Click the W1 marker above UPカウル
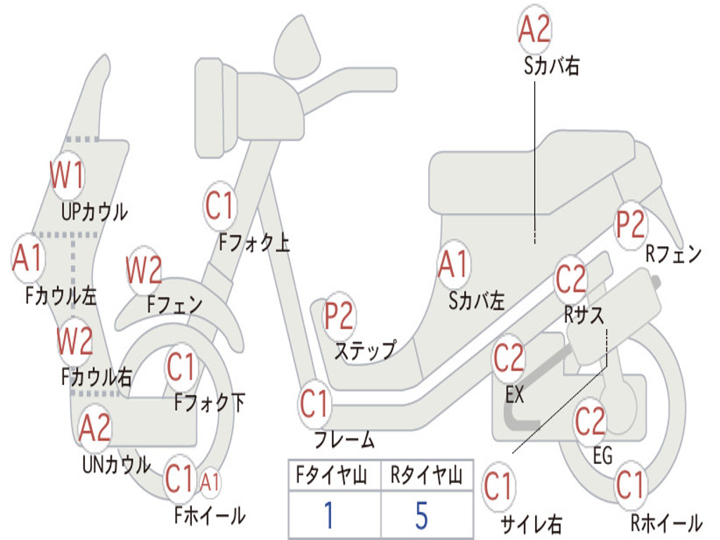click(67, 175)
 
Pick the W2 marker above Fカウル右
click(75, 341)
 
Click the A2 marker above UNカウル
click(95, 427)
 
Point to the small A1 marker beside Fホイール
click(210, 482)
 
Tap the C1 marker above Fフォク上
click(219, 206)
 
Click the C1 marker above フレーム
click(314, 404)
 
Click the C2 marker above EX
click(509, 359)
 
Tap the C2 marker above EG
click(590, 421)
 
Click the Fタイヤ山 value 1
click(328, 515)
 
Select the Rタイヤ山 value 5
click(421, 515)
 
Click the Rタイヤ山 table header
click(426, 477)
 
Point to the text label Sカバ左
click(477, 301)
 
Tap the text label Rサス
click(584, 314)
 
